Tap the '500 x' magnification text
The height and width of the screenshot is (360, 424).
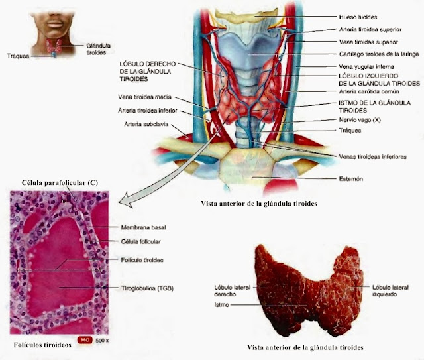[101, 340]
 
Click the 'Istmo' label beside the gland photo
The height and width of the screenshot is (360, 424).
[224, 304]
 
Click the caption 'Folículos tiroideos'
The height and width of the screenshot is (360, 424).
[42, 345]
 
